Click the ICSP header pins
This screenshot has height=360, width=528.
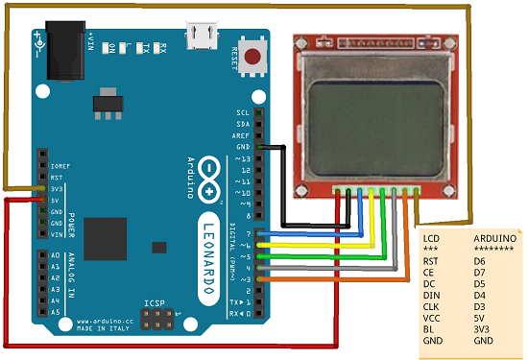[155, 321]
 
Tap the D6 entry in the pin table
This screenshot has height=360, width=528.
[481, 259]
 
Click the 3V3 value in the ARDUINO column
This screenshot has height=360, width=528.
[483, 327]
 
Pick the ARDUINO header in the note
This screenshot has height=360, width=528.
[495, 236]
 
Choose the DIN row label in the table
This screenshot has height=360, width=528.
[432, 294]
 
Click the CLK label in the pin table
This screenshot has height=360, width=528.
[432, 305]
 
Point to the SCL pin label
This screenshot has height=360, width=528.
[243, 113]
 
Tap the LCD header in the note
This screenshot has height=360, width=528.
[432, 236]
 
